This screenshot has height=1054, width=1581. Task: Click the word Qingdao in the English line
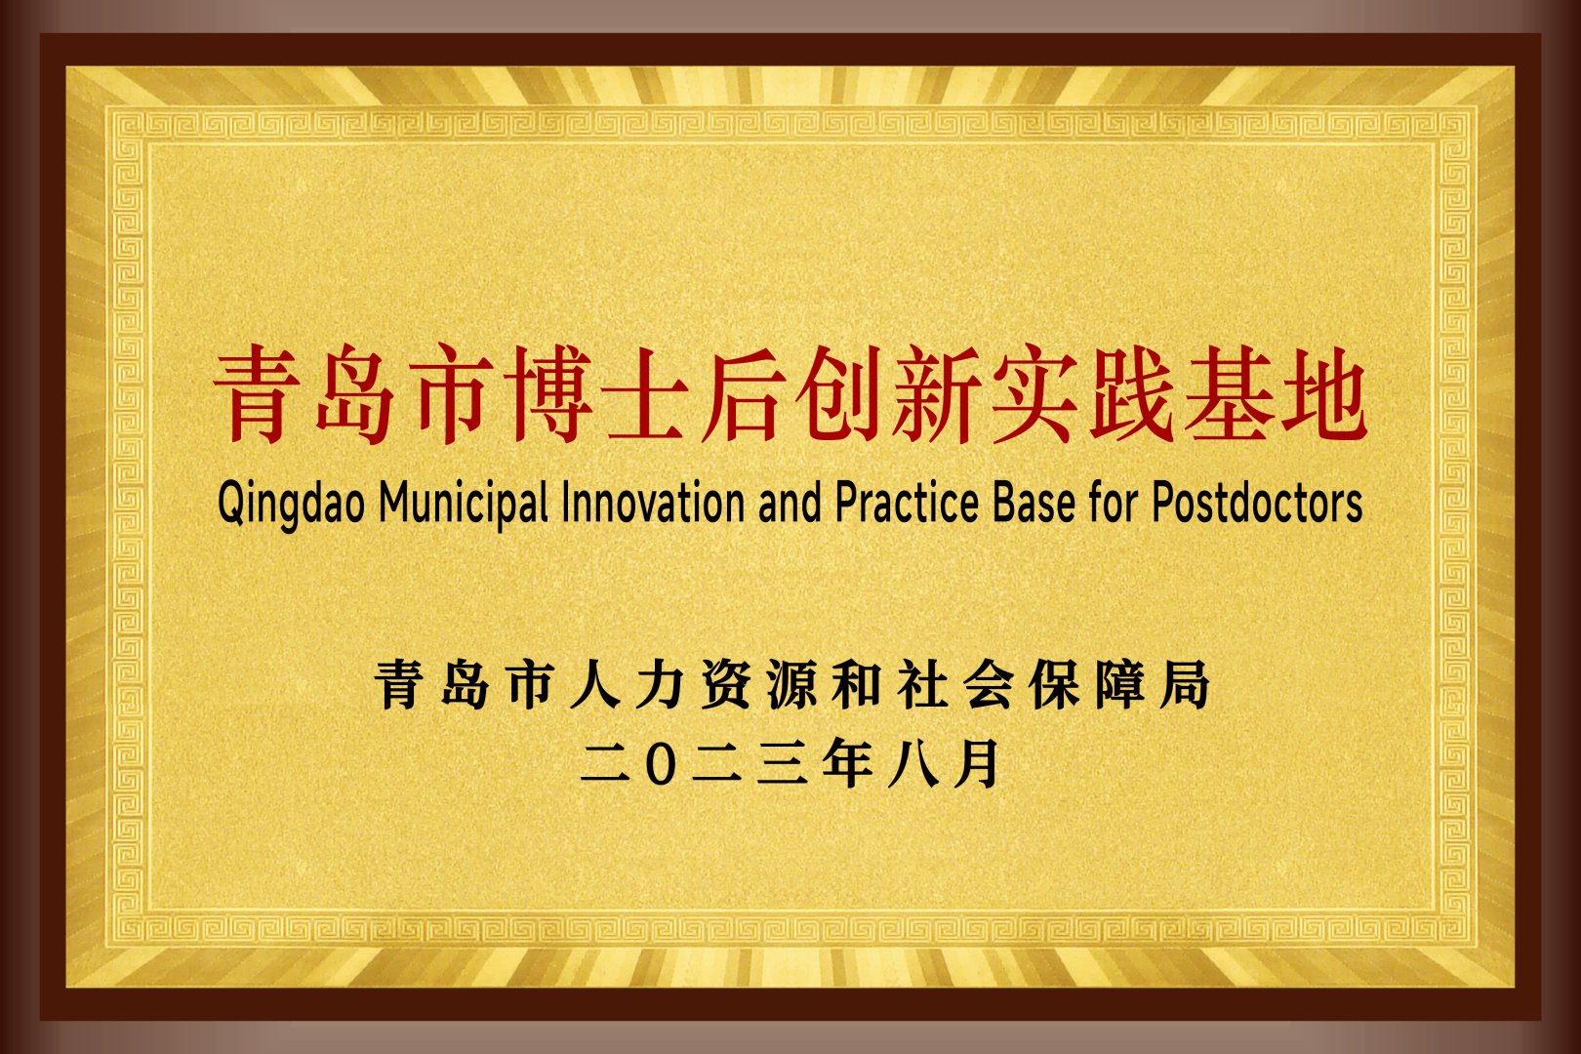[291, 504]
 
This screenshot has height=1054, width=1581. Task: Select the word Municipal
[463, 504]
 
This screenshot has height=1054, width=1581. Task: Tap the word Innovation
[653, 502]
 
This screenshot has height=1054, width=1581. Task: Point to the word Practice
[907, 502]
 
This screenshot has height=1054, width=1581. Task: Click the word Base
[1034, 502]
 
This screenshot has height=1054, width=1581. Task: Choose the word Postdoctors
[1257, 502]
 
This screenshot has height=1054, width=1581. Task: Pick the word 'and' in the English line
[790, 502]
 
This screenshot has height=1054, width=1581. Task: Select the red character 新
[936, 394]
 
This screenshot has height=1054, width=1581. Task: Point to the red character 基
[1226, 394]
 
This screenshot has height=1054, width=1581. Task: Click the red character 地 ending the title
[1322, 394]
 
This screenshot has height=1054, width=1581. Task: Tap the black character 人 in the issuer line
[594, 684]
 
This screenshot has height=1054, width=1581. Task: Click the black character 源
[791, 684]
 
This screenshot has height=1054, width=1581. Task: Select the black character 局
[1186, 684]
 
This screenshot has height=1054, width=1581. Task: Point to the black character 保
[1054, 684]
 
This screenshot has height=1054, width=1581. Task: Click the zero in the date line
[661, 763]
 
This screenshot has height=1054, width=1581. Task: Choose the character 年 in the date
[847, 762]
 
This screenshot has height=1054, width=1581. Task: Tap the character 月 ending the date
[977, 762]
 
